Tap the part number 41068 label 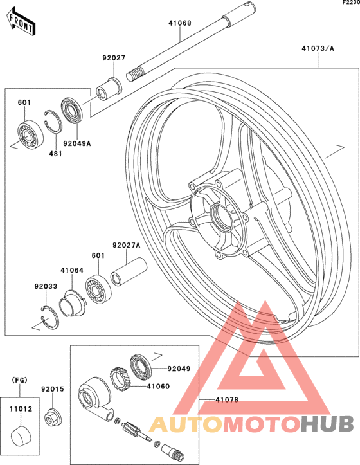[180, 23]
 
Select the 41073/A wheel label [318, 48]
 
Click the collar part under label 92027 [109, 89]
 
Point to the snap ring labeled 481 [53, 122]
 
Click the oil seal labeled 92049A [72, 110]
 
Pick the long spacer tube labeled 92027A [129, 271]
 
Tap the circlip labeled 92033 [50, 317]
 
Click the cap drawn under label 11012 [21, 436]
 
